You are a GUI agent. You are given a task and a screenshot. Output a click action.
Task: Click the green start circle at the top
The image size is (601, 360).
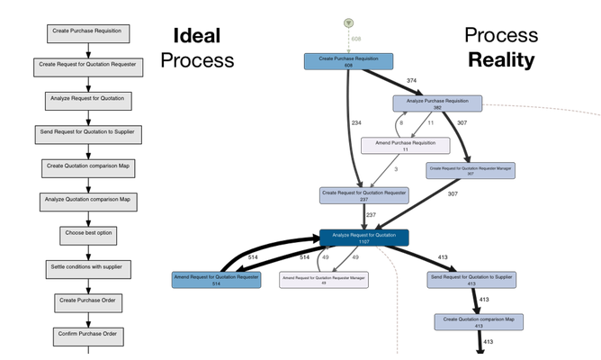[348, 22]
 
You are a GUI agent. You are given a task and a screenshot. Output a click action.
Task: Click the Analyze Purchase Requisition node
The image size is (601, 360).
[437, 103]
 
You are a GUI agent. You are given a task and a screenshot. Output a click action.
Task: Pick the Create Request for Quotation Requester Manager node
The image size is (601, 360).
[471, 170]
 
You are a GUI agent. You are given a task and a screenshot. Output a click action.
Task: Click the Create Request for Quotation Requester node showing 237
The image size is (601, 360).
[364, 195]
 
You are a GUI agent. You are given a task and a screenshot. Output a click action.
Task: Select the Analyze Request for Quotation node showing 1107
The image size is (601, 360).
[364, 238]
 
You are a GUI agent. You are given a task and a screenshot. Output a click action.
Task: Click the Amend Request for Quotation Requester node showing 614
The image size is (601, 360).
[216, 280]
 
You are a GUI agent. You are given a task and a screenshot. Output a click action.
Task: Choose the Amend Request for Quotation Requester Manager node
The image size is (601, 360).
[323, 280]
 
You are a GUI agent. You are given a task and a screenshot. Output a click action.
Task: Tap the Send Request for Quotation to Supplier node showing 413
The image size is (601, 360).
[471, 280]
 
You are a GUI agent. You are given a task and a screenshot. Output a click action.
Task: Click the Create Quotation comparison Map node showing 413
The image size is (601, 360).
[479, 321]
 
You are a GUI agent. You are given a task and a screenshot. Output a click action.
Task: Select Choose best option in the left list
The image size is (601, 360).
[88, 234]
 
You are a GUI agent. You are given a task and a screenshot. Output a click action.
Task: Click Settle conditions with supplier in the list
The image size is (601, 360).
[89, 268]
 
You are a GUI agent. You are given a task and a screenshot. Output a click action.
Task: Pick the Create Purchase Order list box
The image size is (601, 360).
[88, 301]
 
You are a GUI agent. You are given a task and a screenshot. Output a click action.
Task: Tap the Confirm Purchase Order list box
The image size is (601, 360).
[88, 336]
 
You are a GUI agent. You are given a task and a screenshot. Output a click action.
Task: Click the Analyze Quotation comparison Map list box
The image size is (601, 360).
[88, 200]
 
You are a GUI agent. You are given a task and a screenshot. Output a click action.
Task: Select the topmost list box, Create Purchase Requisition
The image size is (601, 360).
[87, 32]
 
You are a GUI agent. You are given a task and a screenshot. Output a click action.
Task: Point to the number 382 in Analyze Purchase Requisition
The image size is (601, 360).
[437, 108]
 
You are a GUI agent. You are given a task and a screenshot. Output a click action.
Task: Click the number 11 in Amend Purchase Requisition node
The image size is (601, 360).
[405, 149]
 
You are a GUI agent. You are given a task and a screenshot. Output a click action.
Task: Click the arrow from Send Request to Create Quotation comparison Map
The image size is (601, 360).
[474, 301]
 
